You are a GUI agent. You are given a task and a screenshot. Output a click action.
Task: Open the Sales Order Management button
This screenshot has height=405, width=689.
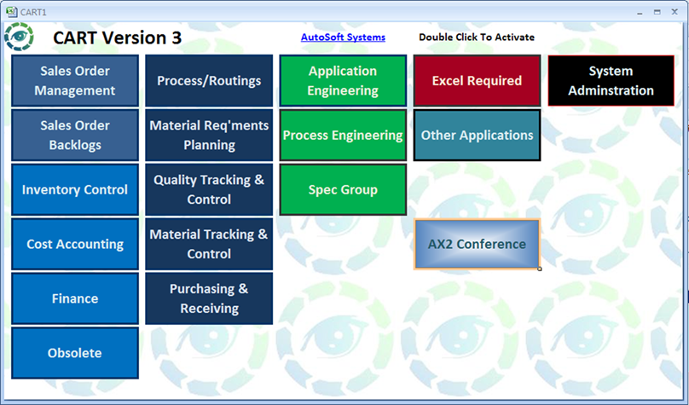pos(75,80)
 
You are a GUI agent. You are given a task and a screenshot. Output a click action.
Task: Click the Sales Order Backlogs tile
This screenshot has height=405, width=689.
pos(75,135)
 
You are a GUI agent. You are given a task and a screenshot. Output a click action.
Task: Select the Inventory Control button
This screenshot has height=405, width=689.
pos(75,189)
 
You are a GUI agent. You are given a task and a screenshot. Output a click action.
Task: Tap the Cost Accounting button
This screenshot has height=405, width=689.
pos(75,244)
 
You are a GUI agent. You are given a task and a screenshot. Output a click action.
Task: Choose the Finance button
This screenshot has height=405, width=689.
pos(75,298)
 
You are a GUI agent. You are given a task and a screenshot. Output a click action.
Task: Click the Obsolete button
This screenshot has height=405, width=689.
pos(75,353)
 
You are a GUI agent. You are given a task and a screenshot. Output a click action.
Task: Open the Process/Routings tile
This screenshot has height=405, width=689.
pos(209,80)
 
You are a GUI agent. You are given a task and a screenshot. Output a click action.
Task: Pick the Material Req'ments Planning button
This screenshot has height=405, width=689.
pos(209,135)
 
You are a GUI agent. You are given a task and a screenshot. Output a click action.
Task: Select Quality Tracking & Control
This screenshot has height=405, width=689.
pos(209,189)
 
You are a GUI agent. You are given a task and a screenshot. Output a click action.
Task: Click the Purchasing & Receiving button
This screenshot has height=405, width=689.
pos(209,298)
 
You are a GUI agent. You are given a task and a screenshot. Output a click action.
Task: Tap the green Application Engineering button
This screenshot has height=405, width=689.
pos(343,80)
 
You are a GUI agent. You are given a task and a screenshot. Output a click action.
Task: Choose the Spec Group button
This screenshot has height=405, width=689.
pos(343,189)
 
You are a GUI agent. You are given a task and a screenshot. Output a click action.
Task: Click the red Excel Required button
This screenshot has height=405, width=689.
pos(478,80)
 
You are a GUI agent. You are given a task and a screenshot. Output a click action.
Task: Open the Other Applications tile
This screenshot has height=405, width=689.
pos(478,135)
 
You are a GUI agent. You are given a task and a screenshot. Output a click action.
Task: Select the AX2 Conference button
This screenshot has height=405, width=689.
pos(478,244)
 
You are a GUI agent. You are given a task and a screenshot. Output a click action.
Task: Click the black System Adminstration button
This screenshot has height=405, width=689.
pos(611,80)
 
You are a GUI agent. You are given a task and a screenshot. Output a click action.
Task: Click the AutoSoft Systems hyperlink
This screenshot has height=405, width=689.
pos(343,38)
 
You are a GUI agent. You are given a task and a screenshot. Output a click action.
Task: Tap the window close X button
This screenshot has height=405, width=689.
pos(675,12)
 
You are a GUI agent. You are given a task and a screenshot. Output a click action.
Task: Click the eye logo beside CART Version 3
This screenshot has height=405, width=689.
pos(19,37)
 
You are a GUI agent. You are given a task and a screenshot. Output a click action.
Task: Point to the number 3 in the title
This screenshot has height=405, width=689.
pos(177,38)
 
